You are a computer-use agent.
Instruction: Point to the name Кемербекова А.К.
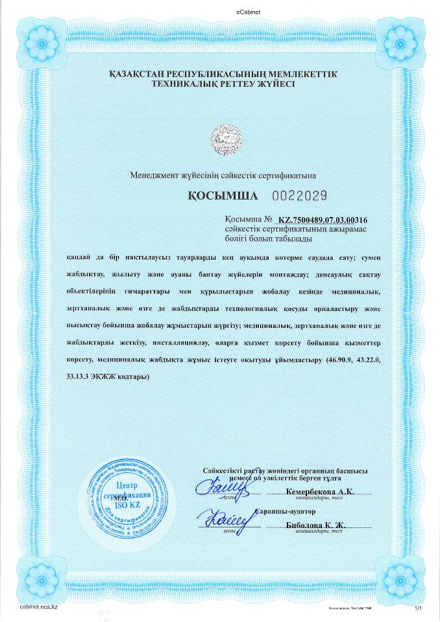pyautogui.click(x=319, y=492)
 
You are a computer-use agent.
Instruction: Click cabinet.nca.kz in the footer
pyautogui.click(x=40, y=606)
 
